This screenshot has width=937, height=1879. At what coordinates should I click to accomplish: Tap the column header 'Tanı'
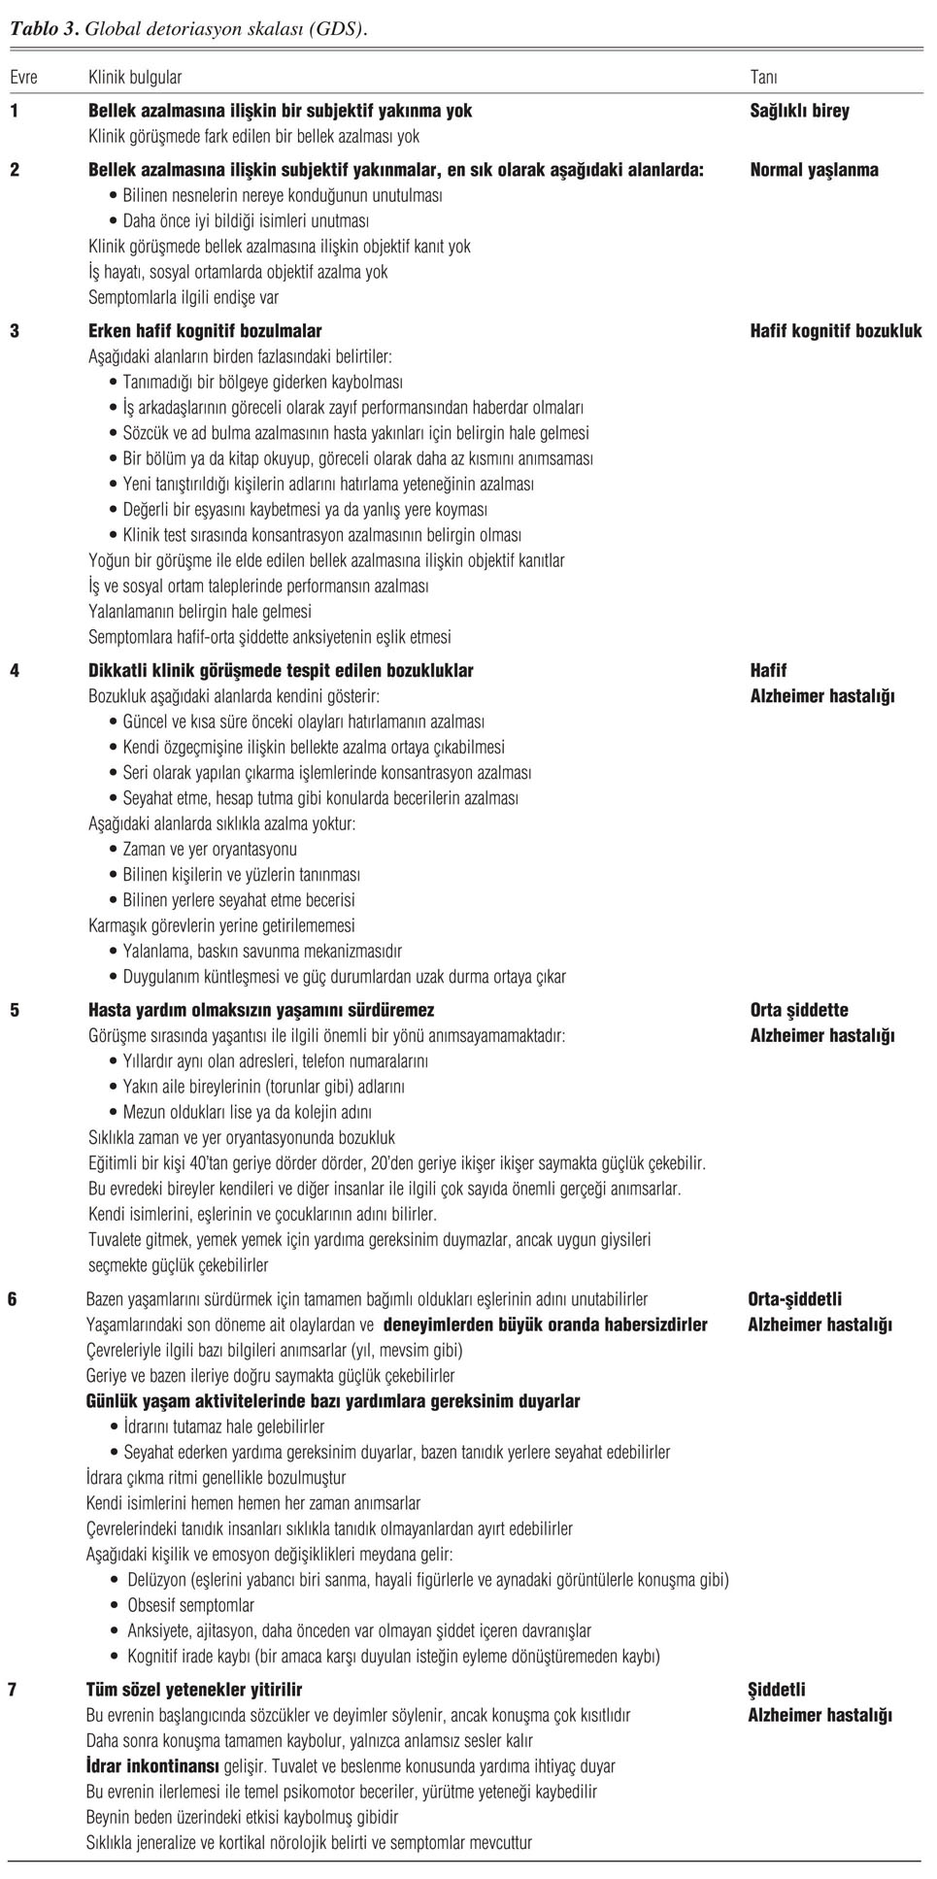763,77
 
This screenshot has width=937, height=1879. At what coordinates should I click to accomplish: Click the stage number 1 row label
15,111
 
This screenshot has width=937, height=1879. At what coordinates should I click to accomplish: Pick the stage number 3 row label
15,331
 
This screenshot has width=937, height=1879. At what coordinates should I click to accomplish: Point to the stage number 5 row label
15,1010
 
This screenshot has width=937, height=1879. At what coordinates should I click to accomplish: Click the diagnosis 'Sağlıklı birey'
799,111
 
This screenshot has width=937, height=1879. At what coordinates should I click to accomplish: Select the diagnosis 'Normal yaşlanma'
814,170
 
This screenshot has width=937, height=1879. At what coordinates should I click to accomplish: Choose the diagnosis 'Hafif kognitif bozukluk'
835,331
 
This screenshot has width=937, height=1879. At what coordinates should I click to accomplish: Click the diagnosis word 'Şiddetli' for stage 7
776,1690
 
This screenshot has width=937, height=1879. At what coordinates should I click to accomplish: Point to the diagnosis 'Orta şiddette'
799,1010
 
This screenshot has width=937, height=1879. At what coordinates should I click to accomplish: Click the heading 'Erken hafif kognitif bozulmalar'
205,331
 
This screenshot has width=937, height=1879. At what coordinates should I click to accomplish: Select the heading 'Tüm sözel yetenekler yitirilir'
194,1690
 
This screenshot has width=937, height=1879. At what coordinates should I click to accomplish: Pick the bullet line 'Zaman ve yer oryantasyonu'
210,850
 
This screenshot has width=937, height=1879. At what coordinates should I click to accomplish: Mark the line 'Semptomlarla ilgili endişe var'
184,297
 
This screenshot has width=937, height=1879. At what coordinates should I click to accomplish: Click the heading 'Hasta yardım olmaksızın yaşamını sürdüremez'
261,1010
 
